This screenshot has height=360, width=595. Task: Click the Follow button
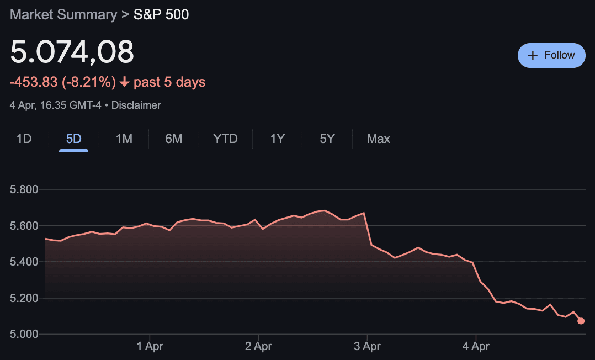point(551,55)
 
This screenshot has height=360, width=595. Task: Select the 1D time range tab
point(24,139)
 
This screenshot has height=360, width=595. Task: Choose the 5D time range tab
point(73,139)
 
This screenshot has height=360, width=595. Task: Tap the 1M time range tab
point(124,139)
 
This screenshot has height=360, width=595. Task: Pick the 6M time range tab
point(173,139)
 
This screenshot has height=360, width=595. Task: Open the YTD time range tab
point(225,139)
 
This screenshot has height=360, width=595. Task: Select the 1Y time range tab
point(277,139)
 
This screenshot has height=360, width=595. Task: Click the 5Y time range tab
point(327,139)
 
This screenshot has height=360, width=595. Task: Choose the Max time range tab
point(379,139)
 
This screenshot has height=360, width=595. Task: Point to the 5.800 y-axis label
point(24,190)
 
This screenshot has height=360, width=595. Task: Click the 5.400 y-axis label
point(24,262)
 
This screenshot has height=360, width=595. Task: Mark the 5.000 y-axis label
point(24,334)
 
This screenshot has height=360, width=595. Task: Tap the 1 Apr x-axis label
point(150,347)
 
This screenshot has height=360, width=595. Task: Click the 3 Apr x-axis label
point(367,347)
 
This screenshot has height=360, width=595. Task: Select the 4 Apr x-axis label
point(476,347)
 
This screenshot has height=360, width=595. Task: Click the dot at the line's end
point(581,321)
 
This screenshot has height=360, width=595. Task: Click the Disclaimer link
point(136,105)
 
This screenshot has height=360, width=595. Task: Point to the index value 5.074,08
point(72,52)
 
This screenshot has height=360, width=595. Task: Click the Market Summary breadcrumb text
point(63,14)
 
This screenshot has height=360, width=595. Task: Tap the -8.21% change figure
point(89,82)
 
